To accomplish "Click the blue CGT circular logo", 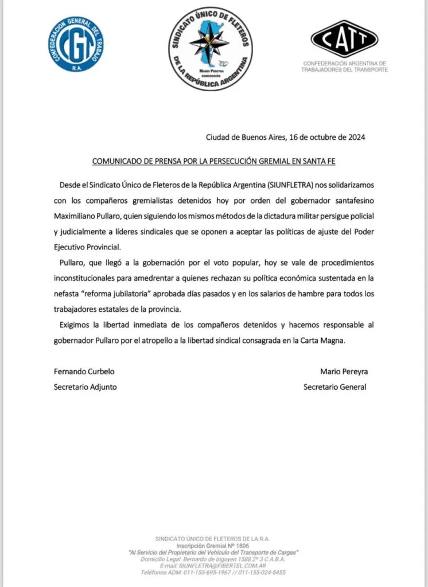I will click(76, 44).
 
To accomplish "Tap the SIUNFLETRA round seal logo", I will click(210, 48).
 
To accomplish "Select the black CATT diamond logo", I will click(344, 38).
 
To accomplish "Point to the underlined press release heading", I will click(213, 162).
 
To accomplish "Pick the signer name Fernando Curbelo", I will click(80, 371).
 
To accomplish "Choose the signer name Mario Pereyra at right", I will click(344, 371).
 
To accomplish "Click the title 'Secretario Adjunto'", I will click(85, 387).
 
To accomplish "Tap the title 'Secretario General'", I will click(334, 387).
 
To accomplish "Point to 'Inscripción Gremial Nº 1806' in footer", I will click(213, 545).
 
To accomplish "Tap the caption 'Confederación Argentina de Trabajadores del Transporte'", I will click(344, 66).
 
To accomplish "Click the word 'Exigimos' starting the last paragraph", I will click(76, 324).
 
